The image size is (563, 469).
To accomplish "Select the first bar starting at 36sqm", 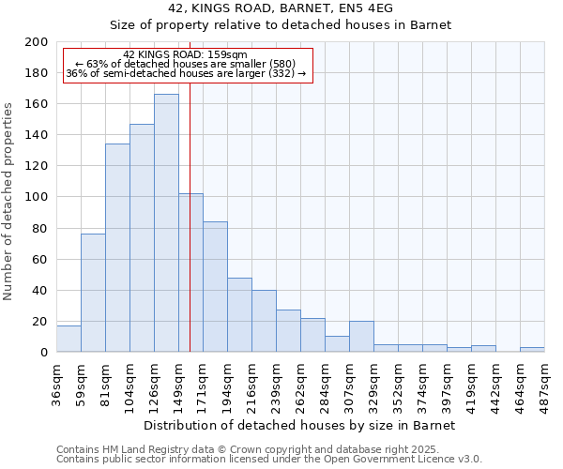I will [x=68, y=339].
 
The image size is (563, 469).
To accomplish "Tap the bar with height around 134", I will [x=117, y=248].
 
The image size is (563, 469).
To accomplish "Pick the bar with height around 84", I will [x=215, y=287].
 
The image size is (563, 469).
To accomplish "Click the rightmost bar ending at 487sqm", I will [x=532, y=349].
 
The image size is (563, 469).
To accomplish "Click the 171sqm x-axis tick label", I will [x=203, y=381].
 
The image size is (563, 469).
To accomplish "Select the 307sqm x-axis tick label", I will [x=349, y=381].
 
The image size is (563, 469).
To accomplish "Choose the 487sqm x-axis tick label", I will [x=544, y=381].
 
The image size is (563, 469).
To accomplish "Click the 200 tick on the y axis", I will [x=37, y=42].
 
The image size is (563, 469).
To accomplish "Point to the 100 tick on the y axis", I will [x=37, y=197].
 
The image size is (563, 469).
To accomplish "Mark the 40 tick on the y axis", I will [x=40, y=290].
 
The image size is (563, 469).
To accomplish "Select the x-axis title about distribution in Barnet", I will [x=300, y=425].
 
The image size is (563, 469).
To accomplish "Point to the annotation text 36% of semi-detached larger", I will [x=185, y=73].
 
